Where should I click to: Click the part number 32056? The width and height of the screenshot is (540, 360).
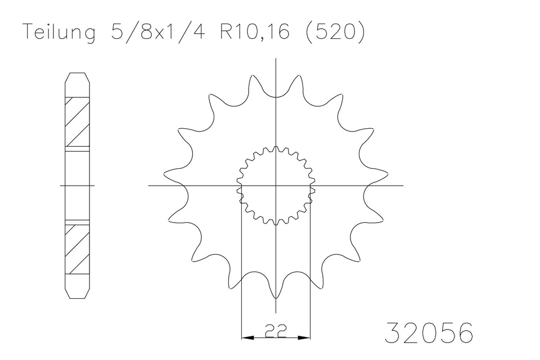pyautogui.click(x=429, y=333)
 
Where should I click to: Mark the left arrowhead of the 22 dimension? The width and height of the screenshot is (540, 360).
pyautogui.click(x=246, y=338)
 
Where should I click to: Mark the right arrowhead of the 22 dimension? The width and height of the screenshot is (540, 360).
pyautogui.click(x=306, y=338)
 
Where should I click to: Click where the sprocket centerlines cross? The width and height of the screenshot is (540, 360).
pyautogui.click(x=276, y=185)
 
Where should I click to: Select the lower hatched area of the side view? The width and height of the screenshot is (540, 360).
pyautogui.click(x=77, y=249)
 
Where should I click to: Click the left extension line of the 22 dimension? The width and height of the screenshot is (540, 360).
pyautogui.click(x=241, y=270)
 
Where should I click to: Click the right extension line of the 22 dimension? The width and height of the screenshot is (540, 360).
pyautogui.click(x=310, y=270)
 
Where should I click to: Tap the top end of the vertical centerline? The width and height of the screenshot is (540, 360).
pyautogui.click(x=276, y=58)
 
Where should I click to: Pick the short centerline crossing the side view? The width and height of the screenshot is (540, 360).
pyautogui.click(x=77, y=185)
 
